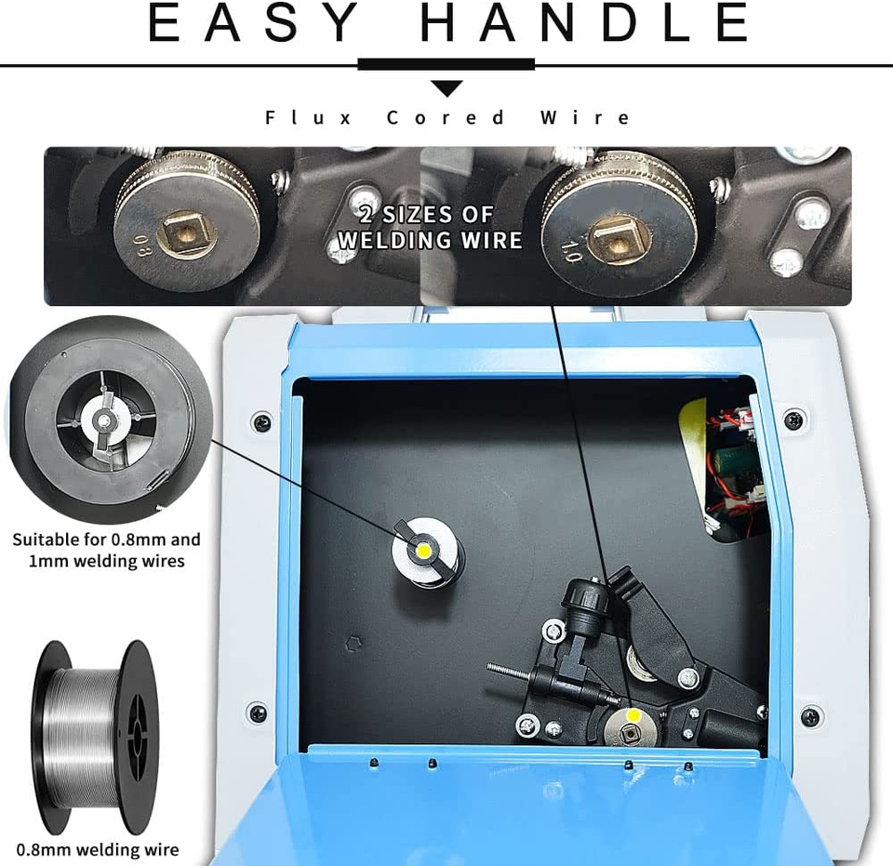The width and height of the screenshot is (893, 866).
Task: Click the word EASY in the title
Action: (x=252, y=21)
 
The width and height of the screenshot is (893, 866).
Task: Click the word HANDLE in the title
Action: (x=584, y=21)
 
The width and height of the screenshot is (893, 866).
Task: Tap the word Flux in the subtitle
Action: (x=308, y=118)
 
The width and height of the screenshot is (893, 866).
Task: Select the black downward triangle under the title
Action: (x=446, y=88)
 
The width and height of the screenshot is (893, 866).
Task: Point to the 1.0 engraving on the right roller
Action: (x=570, y=250)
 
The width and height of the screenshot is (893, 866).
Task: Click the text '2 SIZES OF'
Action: (x=427, y=215)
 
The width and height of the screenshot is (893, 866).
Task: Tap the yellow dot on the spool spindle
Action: (x=424, y=551)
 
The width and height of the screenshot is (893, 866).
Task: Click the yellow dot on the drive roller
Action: (x=633, y=715)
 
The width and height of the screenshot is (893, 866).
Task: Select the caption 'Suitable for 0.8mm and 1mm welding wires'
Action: (x=106, y=550)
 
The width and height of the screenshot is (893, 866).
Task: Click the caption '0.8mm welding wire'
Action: (x=98, y=850)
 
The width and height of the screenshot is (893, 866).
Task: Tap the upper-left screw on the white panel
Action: (x=262, y=423)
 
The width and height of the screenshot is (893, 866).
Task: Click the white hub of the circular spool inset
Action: (x=105, y=420)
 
